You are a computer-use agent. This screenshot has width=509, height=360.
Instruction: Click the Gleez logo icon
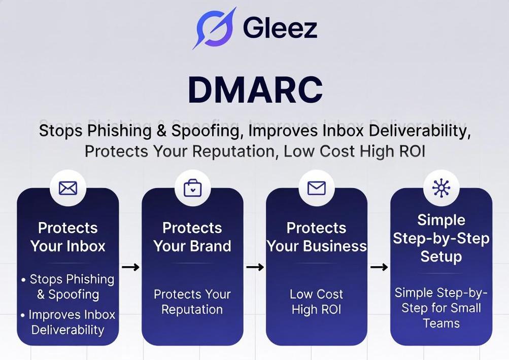pos(214,28)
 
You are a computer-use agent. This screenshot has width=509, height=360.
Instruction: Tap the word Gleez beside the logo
pos(280,28)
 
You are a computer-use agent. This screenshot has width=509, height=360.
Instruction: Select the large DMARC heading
pos(255,90)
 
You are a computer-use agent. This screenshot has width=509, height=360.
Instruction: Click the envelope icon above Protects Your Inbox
pos(68,188)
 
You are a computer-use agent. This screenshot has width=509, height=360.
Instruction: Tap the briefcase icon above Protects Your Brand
pos(192,188)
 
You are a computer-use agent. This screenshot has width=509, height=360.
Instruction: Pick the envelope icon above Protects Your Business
pos(317,188)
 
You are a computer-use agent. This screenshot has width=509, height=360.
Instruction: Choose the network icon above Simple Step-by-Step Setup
pos(441,188)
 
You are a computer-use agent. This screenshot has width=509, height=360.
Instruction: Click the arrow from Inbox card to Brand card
pos(130,267)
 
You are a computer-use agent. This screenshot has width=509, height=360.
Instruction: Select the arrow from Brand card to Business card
pos(255,267)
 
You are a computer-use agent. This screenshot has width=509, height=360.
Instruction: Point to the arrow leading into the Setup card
pos(379,267)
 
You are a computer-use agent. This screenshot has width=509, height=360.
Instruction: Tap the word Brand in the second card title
pos(210,246)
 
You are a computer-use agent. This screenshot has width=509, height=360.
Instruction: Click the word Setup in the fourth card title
pos(441,257)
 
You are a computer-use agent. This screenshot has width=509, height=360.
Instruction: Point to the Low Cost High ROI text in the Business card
pos(317,302)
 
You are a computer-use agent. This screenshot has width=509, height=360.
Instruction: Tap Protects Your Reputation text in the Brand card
pos(192,302)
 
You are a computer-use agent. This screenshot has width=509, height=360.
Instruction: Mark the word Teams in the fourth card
pos(441,323)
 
